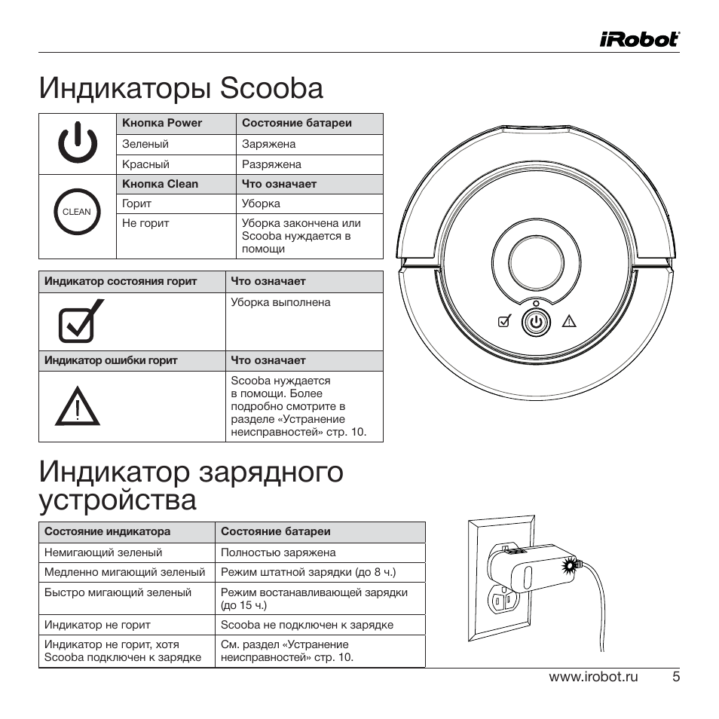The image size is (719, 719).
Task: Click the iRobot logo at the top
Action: (x=640, y=38)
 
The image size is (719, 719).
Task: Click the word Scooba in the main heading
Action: (x=271, y=89)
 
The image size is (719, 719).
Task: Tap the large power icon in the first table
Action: (x=77, y=144)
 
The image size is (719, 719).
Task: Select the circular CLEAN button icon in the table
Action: (x=76, y=212)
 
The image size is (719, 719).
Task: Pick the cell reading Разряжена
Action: (x=271, y=164)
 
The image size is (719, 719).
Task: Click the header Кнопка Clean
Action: (x=160, y=184)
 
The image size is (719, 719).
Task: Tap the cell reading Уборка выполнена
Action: (x=280, y=302)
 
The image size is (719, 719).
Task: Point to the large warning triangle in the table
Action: (x=77, y=408)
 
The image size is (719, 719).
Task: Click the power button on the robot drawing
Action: (x=535, y=322)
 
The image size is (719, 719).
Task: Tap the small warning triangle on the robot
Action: (x=568, y=323)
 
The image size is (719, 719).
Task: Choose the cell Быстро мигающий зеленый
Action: (x=118, y=593)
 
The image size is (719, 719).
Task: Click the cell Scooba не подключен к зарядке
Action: (x=307, y=625)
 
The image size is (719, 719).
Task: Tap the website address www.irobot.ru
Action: (x=593, y=677)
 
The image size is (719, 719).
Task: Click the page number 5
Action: (x=676, y=677)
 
